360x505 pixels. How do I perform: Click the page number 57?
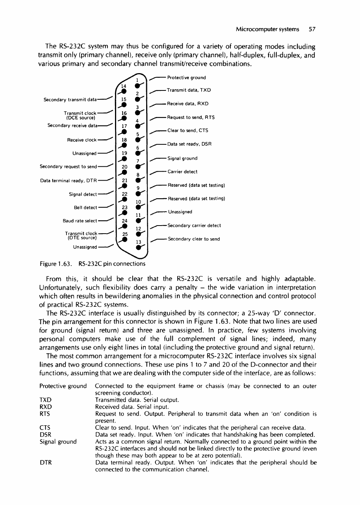pos(312,29)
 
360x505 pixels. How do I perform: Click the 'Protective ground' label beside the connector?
pos(187,78)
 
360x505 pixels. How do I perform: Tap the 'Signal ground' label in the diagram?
pos(183,158)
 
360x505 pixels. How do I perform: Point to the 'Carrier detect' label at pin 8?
pos(183,172)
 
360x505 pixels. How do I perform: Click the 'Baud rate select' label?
pos(80,221)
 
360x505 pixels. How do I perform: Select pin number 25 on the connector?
pos(124,234)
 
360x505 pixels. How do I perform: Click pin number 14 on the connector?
pos(124,85)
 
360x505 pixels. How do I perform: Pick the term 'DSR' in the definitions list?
pos(46,434)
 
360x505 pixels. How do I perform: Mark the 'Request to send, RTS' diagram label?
pos(191,117)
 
